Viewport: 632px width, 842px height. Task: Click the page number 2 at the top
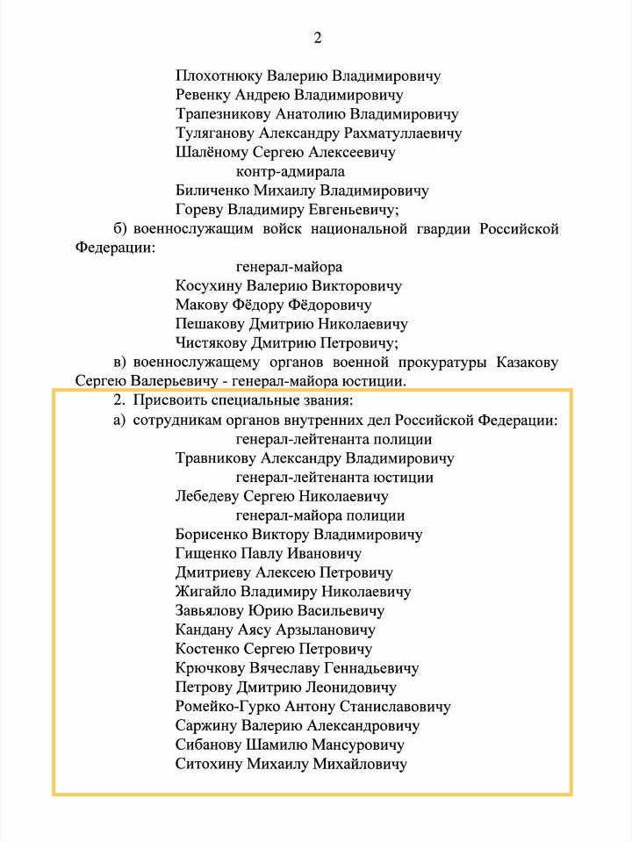pos(318,38)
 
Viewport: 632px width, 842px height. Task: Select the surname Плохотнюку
pos(215,76)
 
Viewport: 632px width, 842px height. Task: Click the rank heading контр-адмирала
pos(290,172)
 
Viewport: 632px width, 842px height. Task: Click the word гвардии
pos(442,229)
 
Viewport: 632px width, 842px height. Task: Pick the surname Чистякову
pos(212,343)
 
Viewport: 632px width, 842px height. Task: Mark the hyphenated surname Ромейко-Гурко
pos(228,707)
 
